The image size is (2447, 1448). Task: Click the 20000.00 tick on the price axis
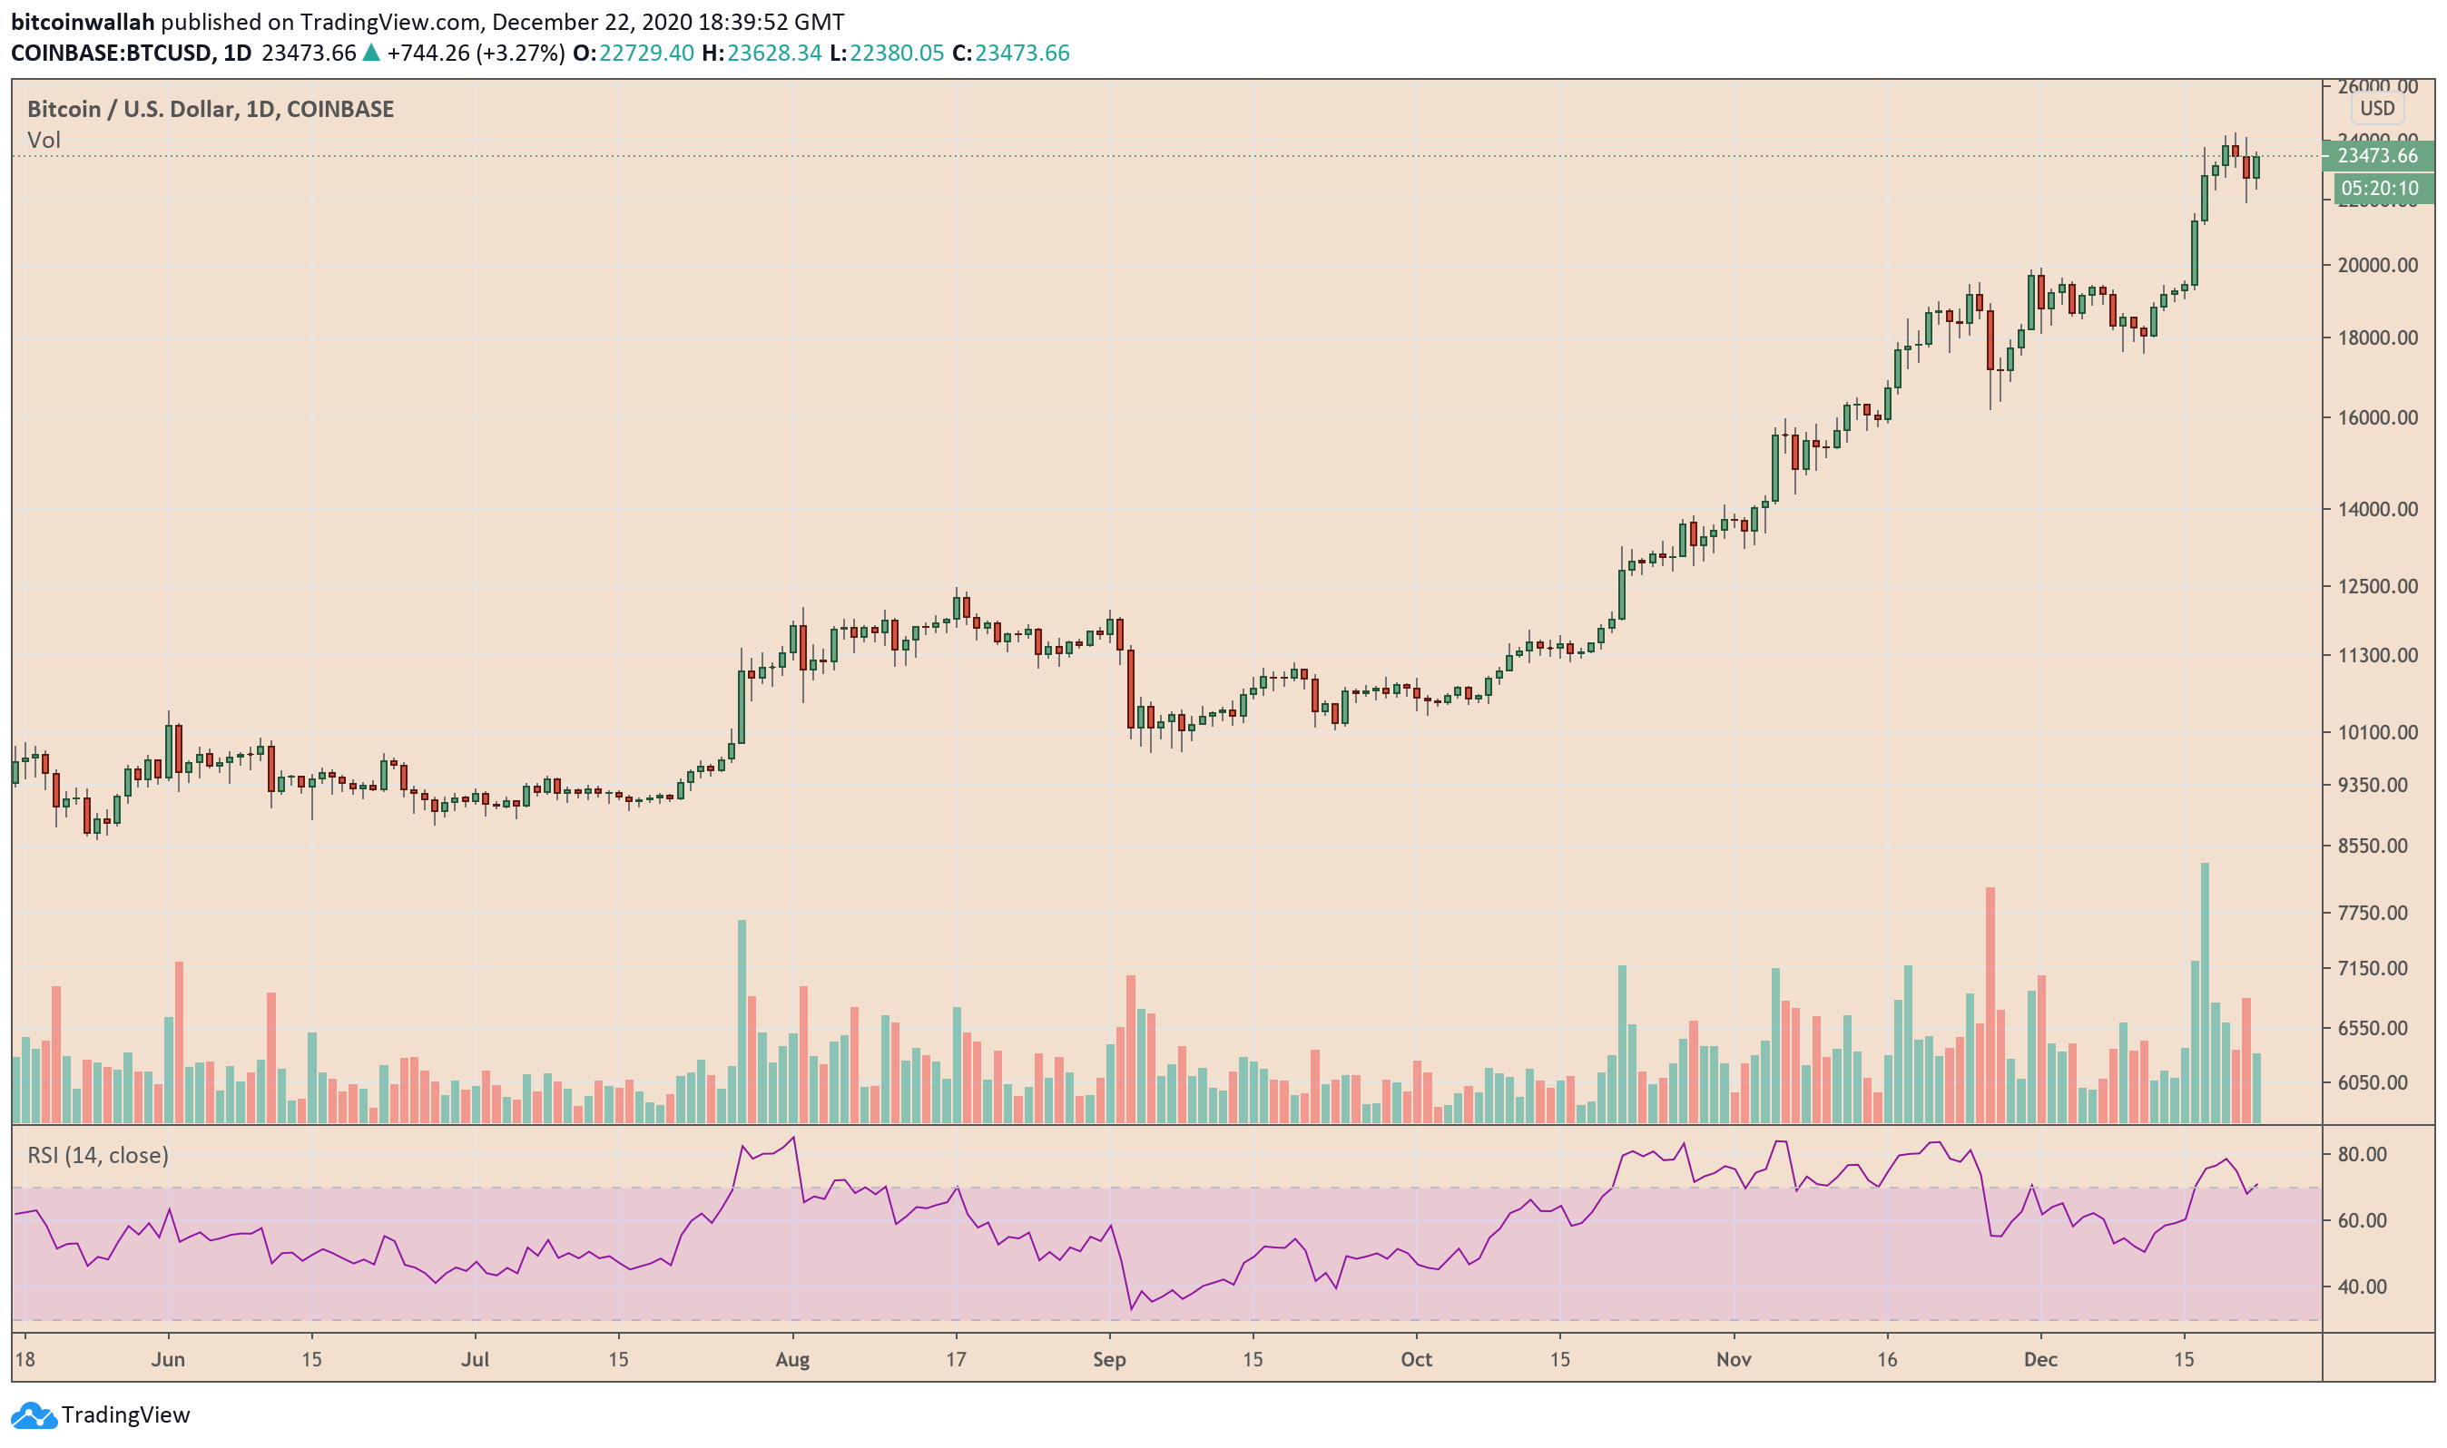(x=2377, y=266)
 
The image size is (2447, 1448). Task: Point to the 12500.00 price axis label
(x=2377, y=586)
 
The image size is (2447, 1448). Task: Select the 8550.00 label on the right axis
(x=2377, y=846)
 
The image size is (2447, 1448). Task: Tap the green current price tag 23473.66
(x=2377, y=156)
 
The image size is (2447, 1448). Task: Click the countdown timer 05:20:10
(x=2379, y=189)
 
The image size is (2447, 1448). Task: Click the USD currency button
(x=2377, y=108)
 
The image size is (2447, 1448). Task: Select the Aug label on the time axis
(x=792, y=1359)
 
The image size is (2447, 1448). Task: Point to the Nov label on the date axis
(x=1734, y=1359)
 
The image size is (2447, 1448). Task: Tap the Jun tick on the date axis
(x=168, y=1359)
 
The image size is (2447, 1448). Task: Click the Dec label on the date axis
(x=2040, y=1359)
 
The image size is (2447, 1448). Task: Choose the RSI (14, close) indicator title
(x=98, y=1155)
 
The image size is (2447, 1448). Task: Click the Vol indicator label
(x=44, y=141)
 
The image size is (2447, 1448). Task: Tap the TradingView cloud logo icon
(x=34, y=1414)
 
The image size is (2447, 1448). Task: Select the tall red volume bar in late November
(x=1990, y=1005)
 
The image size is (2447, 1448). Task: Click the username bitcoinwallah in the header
(x=83, y=22)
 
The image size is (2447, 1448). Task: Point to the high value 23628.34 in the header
(x=774, y=53)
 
